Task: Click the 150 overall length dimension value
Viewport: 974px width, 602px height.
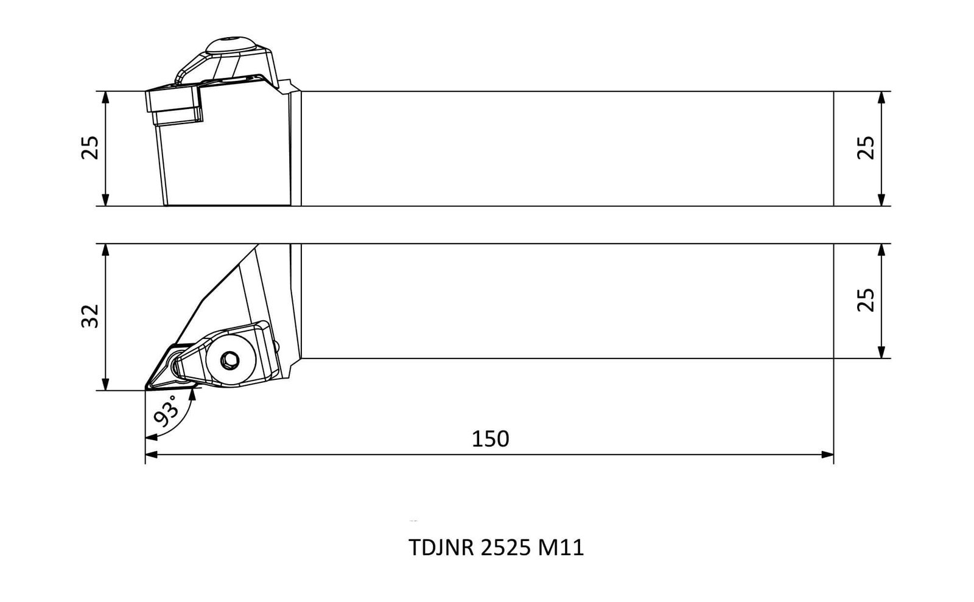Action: [490, 439]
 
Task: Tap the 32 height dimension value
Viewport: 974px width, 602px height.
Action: [91, 316]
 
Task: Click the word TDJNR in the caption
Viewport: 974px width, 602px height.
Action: [441, 548]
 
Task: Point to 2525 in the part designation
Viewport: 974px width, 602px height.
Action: [506, 548]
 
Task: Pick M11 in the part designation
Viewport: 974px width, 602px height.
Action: [561, 548]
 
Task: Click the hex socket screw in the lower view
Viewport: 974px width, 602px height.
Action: [229, 360]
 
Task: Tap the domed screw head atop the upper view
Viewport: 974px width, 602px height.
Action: [230, 45]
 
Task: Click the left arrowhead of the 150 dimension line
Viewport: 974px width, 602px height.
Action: [151, 455]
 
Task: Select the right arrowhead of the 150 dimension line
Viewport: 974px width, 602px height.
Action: [827, 455]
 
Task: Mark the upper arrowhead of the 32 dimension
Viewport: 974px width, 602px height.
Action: [105, 250]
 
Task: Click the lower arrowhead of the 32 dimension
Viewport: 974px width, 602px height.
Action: [105, 384]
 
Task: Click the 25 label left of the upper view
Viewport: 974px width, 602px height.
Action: [91, 149]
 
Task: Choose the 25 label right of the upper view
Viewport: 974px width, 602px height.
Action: [866, 149]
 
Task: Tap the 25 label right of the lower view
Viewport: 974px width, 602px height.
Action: [866, 300]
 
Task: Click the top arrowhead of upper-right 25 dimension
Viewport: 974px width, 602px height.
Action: [881, 97]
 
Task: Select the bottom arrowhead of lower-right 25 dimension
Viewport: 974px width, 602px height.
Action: [881, 352]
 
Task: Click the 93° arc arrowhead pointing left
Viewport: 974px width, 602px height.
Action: [151, 436]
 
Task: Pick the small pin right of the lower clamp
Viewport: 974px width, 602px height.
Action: [276, 346]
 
